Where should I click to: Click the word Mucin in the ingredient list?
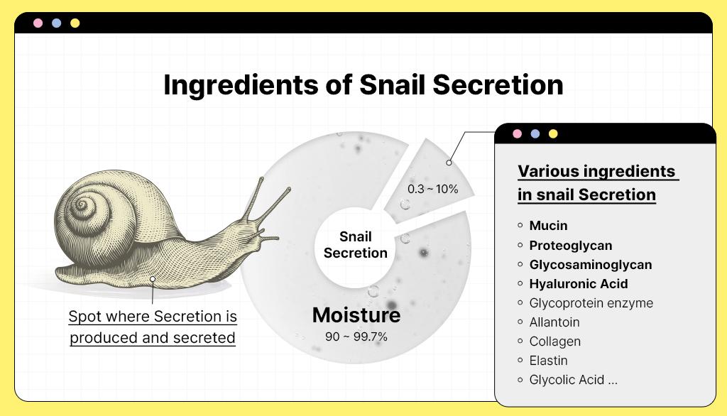[548, 225]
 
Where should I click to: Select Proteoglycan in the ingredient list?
[571, 246]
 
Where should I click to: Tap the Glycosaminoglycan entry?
[591, 264]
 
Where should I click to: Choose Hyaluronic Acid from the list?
[579, 284]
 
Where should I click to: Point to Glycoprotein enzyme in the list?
[591, 303]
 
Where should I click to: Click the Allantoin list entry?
[554, 322]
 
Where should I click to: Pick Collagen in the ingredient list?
[555, 341]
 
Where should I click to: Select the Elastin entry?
[549, 361]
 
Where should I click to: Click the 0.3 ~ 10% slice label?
[432, 189]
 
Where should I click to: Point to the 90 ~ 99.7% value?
[356, 336]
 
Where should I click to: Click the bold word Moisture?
[356, 315]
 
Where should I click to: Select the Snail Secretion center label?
[356, 244]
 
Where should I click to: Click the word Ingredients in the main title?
[241, 85]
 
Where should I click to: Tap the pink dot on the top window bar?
[38, 23]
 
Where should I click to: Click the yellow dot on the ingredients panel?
[553, 134]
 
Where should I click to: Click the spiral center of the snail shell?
[82, 203]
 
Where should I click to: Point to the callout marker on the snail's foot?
[153, 279]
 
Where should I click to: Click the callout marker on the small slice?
[449, 163]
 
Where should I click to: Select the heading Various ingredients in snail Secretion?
[597, 183]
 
